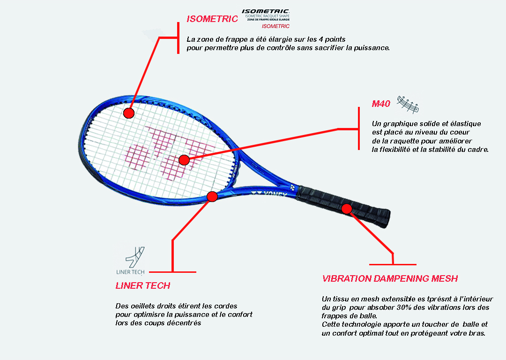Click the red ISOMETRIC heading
pyautogui.click(x=212, y=19)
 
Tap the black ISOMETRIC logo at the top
pyautogui.click(x=266, y=11)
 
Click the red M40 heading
pyautogui.click(x=381, y=104)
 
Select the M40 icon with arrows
pyautogui.click(x=408, y=104)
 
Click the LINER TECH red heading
pyautogui.click(x=143, y=285)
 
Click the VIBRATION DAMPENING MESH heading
pyautogui.click(x=390, y=279)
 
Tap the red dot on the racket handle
pyautogui.click(x=347, y=209)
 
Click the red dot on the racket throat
pyautogui.click(x=212, y=196)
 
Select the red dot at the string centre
pyautogui.click(x=184, y=160)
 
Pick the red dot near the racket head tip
pyautogui.click(x=129, y=113)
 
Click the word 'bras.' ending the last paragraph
pyautogui.click(x=476, y=333)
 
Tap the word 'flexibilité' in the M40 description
pyautogui.click(x=400, y=150)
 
